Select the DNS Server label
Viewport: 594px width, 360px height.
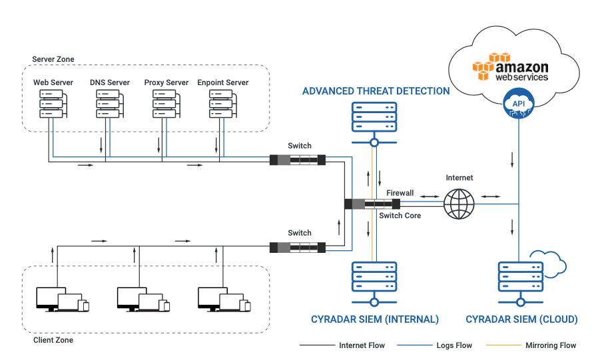pos(110,83)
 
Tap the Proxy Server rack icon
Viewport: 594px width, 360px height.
pos(162,104)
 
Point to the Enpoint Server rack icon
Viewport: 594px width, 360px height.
pos(219,104)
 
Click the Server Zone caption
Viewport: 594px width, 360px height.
pos(53,60)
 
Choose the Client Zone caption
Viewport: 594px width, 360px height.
pos(53,340)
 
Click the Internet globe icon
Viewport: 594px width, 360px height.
pos(459,204)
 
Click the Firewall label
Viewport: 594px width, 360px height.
pos(400,193)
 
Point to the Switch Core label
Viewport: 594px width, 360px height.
pos(400,216)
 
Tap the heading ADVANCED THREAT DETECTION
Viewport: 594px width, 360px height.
pos(376,91)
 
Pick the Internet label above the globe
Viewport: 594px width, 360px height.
pos(459,178)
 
